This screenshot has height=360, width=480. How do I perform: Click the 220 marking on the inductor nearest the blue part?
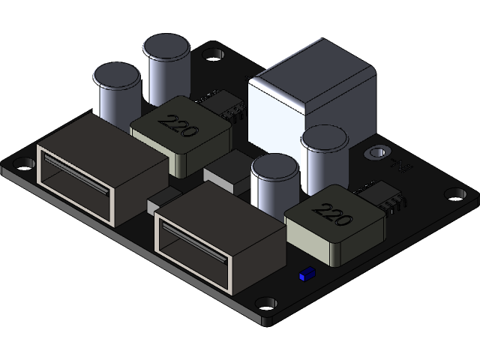(332, 215)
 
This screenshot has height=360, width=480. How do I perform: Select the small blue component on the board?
(305, 275)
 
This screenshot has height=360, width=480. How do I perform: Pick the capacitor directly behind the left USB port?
(116, 94)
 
